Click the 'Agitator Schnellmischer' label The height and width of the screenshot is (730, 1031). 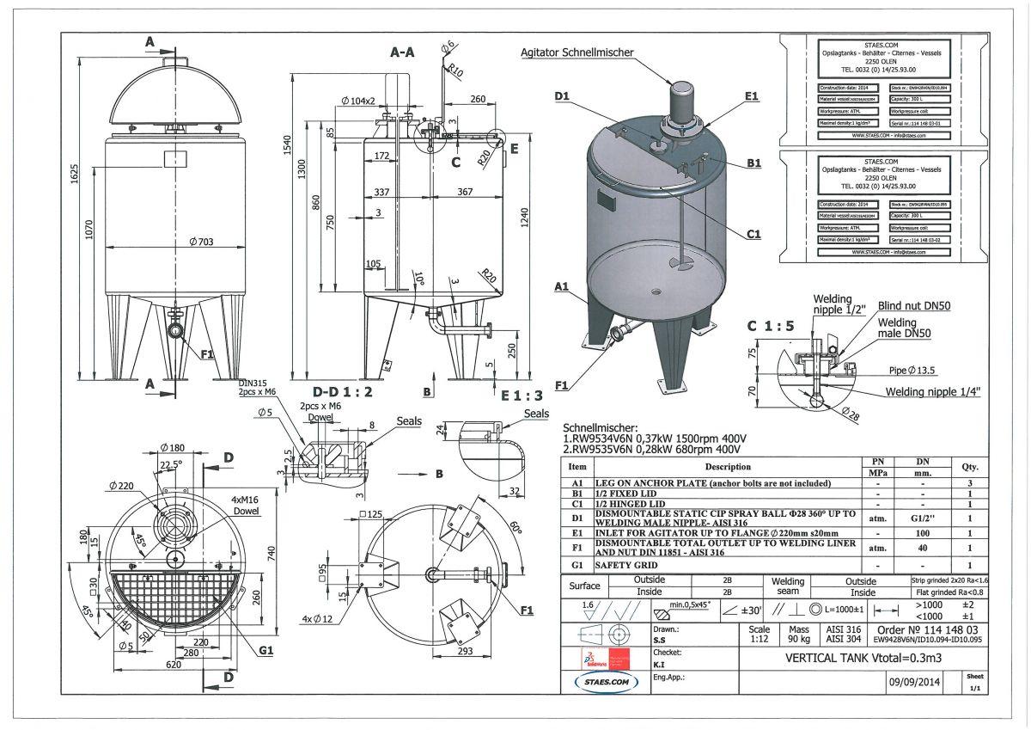point(577,52)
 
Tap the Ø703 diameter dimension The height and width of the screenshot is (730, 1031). point(200,242)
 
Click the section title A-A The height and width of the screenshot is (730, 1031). point(403,52)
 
